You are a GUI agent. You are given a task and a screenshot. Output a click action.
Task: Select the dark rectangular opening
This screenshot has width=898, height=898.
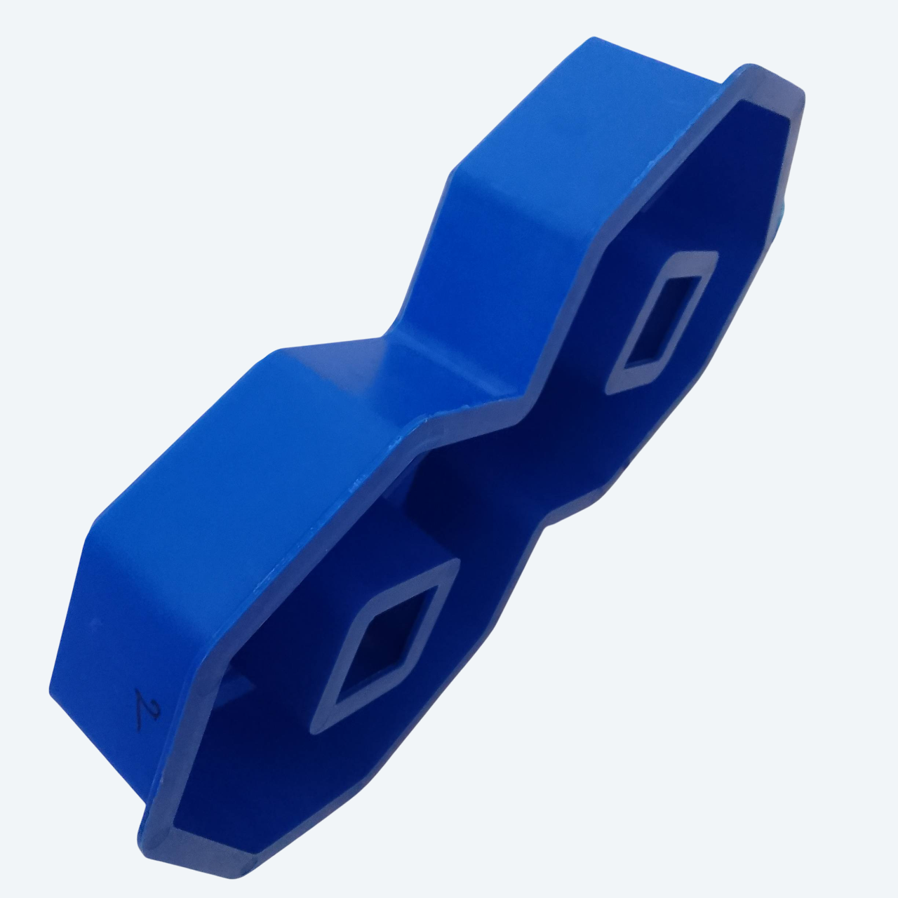pyautogui.click(x=664, y=320)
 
